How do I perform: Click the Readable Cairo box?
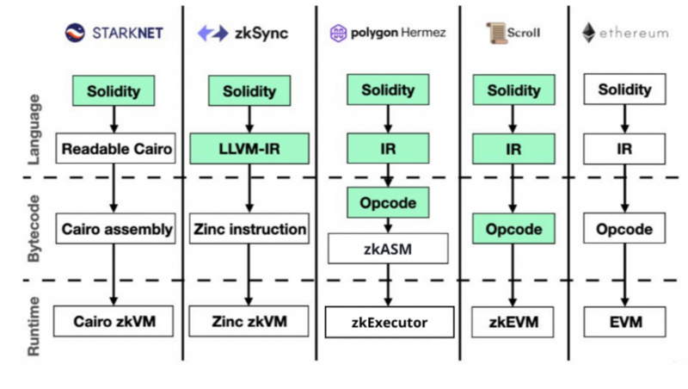pos(116,149)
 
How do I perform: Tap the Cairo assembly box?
pos(116,230)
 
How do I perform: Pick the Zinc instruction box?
pos(249,230)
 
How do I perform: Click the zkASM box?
pos(388,250)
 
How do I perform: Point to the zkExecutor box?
pos(388,323)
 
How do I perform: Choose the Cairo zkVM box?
pos(116,322)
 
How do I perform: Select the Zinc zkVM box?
pos(249,322)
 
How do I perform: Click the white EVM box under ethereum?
pos(624,323)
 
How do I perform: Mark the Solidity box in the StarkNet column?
pos(115,90)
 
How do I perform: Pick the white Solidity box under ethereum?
pos(624,90)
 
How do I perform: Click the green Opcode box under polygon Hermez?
pos(388,203)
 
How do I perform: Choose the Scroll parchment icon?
pos(494,33)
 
